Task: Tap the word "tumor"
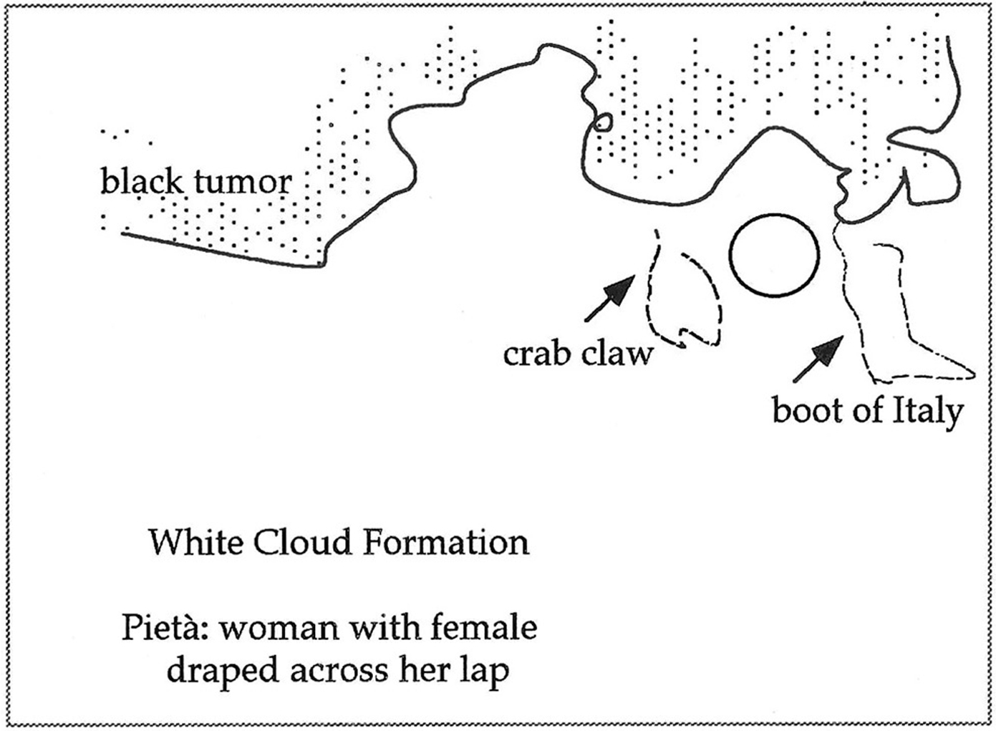pos(243,182)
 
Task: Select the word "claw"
pos(617,353)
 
